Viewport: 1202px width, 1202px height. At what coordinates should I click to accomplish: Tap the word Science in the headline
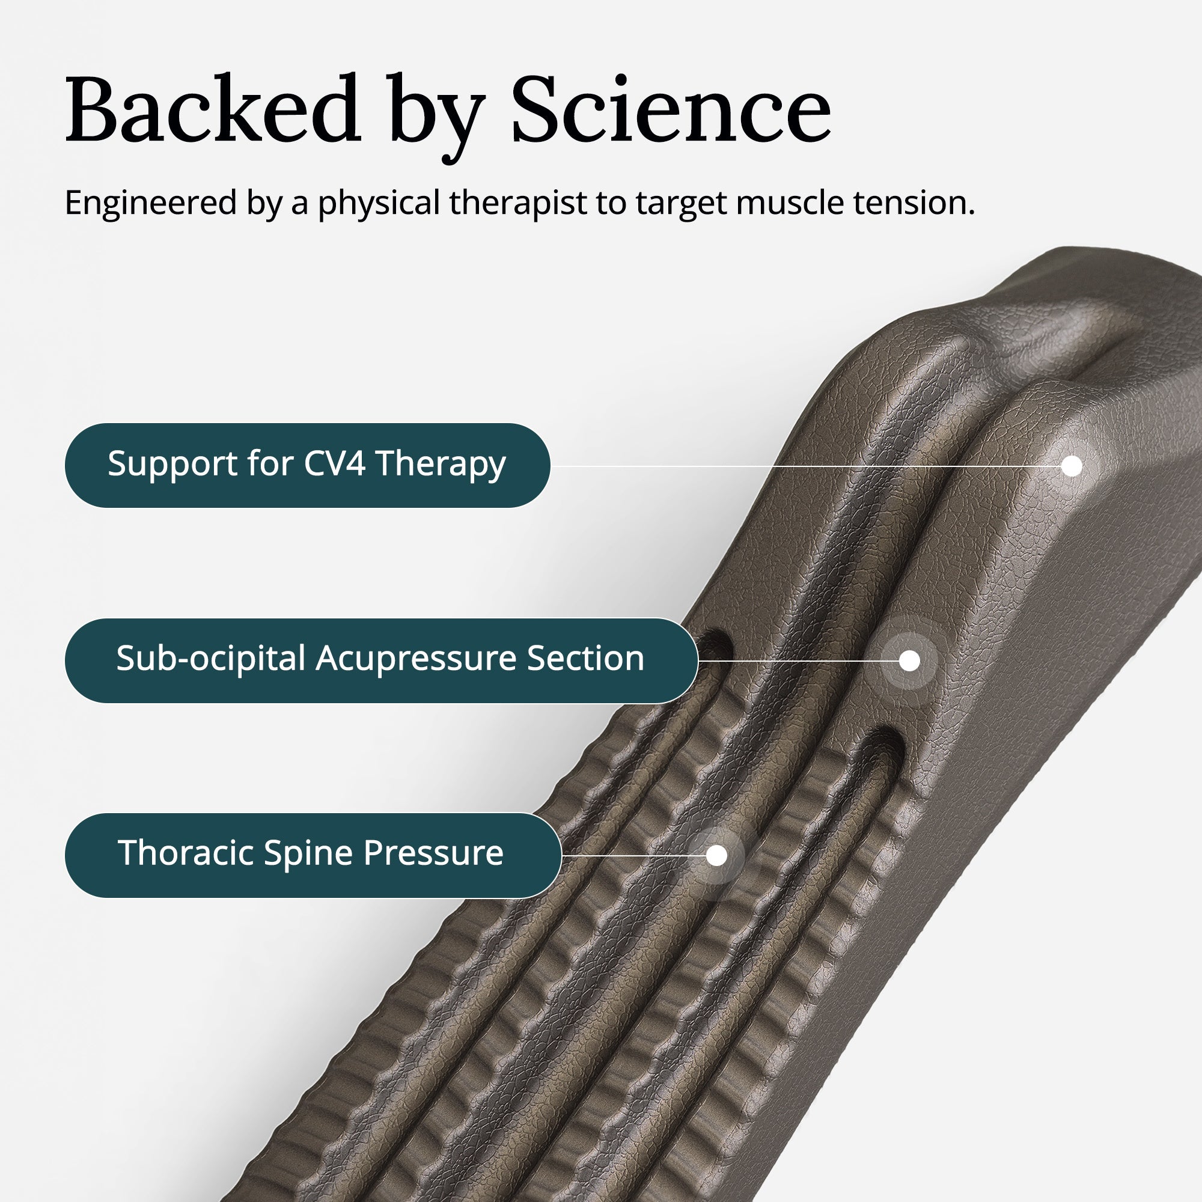click(x=671, y=109)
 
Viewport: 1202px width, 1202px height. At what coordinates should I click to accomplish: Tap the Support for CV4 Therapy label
click(x=307, y=465)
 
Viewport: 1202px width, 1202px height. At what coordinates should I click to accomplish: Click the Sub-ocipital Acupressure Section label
click(x=381, y=660)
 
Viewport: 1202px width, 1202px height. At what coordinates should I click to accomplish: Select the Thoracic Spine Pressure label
click(x=313, y=855)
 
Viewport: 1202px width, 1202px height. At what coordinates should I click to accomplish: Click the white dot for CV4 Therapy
click(x=1072, y=466)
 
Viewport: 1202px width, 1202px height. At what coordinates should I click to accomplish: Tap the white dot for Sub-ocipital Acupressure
click(x=909, y=660)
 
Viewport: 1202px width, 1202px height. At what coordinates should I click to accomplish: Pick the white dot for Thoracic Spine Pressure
click(x=717, y=855)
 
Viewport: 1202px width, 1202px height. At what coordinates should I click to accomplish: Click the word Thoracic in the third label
click(x=187, y=853)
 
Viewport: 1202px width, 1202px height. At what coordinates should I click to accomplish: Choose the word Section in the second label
click(x=585, y=659)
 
